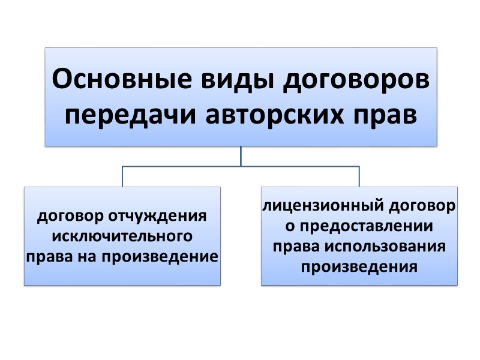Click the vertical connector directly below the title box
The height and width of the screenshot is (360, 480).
241,156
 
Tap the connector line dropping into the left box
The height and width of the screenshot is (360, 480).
122,176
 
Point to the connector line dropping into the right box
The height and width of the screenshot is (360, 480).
359,176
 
